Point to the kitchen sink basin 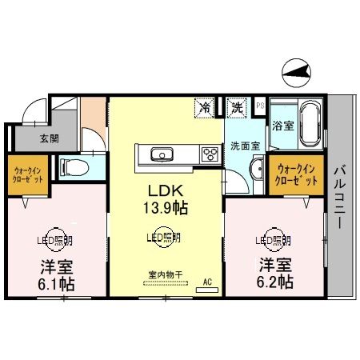(158, 153)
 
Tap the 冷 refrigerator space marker (206, 106)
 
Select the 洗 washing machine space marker (237, 106)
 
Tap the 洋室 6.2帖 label (274, 273)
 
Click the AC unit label (206, 282)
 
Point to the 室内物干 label (165, 274)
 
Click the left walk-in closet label (27, 174)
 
